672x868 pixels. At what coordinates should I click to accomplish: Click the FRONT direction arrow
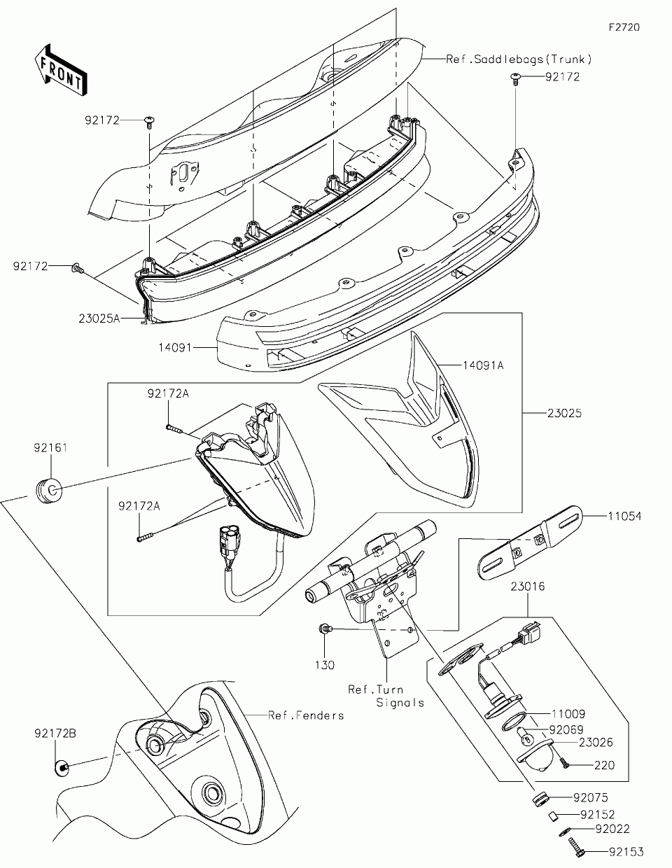coord(60,69)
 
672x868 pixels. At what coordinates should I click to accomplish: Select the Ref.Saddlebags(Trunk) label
coord(519,59)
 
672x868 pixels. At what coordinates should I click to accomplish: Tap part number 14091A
coord(482,365)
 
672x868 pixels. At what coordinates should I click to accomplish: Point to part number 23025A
coord(99,318)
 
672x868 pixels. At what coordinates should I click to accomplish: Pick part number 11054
coord(624,517)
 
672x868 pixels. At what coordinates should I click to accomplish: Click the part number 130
coord(325,665)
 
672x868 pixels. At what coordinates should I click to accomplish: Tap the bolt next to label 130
coord(325,630)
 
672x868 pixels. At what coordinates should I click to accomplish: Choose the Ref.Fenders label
coord(306,715)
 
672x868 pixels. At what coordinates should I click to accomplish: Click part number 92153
coord(626,852)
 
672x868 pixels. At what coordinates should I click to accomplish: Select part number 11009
coord(568,715)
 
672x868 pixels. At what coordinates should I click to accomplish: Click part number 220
coord(604,765)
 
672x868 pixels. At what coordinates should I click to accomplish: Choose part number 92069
coord(566,729)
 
